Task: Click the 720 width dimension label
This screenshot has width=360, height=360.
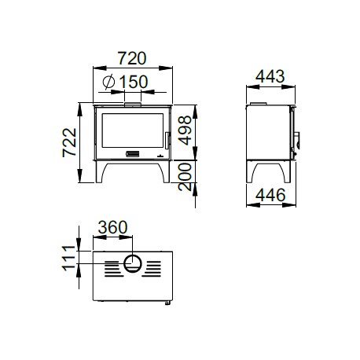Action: click(x=132, y=58)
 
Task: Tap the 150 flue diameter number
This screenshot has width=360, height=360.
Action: click(x=134, y=82)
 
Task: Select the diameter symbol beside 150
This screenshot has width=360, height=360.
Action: click(x=108, y=82)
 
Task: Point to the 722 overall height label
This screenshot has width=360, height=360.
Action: click(x=70, y=142)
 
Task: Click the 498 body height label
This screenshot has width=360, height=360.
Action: click(x=185, y=130)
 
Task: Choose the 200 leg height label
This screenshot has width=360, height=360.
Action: click(x=185, y=177)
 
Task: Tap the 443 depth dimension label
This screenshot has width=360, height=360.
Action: click(x=270, y=76)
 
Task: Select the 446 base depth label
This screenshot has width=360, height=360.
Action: click(x=270, y=195)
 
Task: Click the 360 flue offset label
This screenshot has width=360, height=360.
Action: click(x=113, y=227)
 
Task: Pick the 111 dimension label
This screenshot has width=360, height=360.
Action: click(x=68, y=258)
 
